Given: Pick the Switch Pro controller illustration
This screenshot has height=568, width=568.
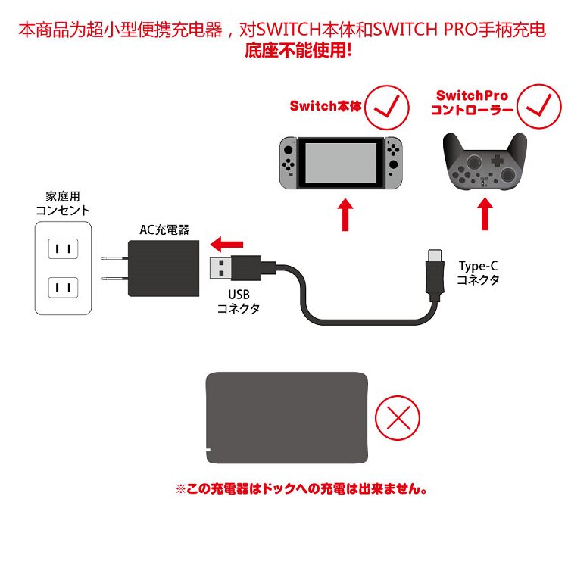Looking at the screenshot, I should click(482, 163).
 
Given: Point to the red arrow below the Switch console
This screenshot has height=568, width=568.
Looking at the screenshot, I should click(345, 214).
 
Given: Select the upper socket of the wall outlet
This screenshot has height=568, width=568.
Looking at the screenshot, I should click(63, 248).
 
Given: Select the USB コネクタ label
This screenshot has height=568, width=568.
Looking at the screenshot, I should click(239, 301).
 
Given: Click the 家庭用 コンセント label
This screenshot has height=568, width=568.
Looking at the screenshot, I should click(63, 203).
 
